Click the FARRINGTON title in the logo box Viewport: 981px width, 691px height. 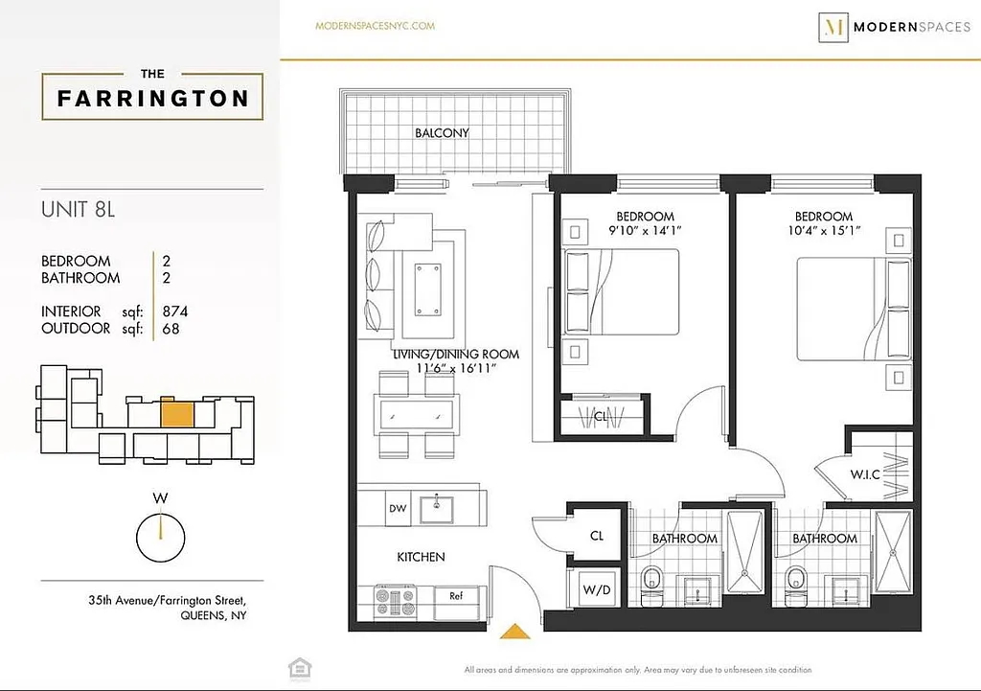[x=152, y=98]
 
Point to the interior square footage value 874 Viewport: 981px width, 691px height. [x=175, y=311]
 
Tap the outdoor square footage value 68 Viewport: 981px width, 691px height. [x=171, y=329]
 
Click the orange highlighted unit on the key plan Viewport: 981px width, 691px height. [x=177, y=413]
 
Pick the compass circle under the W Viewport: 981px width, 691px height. [x=160, y=539]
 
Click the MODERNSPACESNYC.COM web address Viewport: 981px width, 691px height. [x=375, y=26]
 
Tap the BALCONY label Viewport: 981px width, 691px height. [x=442, y=133]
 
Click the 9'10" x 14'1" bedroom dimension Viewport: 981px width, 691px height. [x=645, y=231]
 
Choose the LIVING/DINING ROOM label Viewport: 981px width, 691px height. [x=455, y=355]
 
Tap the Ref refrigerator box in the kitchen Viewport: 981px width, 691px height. [x=456, y=596]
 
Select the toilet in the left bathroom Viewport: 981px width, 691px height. [x=653, y=582]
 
